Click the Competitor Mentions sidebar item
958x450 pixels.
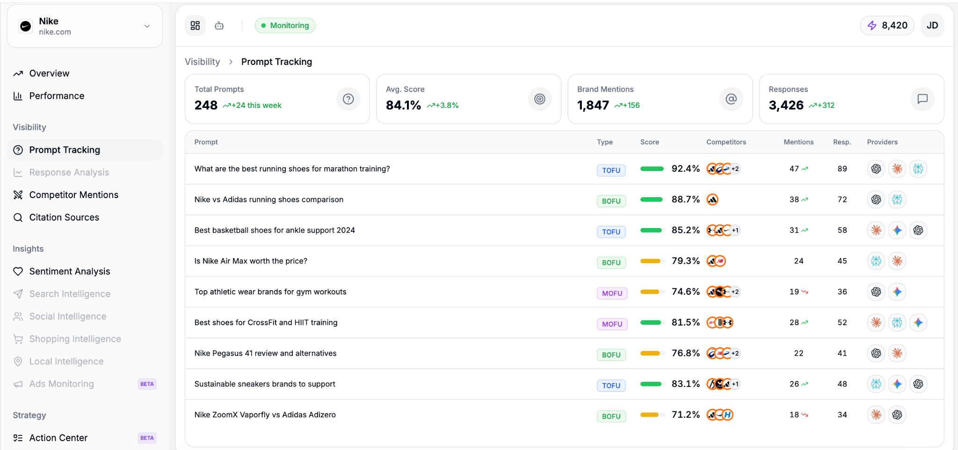point(73,195)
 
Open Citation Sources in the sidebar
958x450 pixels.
point(64,217)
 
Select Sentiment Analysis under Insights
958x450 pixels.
point(70,271)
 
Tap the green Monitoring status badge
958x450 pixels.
point(285,26)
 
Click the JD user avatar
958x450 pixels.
point(932,26)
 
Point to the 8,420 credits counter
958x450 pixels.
point(887,26)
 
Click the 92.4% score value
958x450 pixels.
point(685,169)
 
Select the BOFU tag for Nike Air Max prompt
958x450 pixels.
point(611,263)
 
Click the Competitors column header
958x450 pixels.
point(726,142)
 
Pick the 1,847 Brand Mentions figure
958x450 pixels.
point(593,105)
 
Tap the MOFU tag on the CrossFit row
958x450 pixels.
point(612,324)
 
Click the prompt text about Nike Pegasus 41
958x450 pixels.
point(265,353)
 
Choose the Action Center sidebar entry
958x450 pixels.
point(58,438)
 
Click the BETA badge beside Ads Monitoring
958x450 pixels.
point(147,384)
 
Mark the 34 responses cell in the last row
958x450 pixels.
point(842,414)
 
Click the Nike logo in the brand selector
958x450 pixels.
point(26,26)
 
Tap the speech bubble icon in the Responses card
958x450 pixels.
point(922,99)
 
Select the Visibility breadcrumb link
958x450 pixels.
point(202,62)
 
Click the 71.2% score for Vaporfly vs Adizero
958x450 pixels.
point(685,414)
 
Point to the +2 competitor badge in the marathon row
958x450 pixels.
point(735,169)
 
